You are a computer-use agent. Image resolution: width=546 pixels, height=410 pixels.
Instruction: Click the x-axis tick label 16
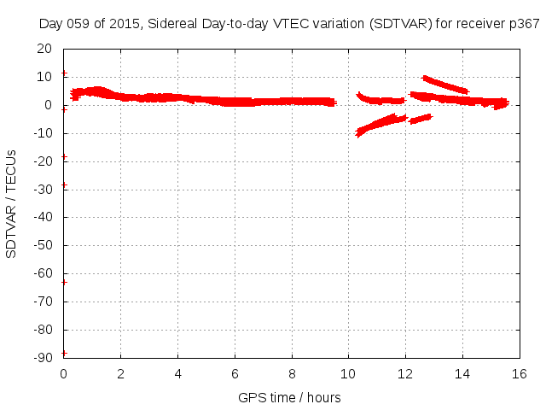(520, 373)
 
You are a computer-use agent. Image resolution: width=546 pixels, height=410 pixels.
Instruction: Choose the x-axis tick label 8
(292, 373)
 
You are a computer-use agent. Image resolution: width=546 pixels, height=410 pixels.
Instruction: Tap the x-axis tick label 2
(120, 373)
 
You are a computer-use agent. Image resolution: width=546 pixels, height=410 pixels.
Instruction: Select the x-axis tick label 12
(405, 373)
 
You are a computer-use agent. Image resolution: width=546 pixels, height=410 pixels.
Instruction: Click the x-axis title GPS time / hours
(290, 397)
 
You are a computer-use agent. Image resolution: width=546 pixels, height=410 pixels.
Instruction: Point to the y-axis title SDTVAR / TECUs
(11, 203)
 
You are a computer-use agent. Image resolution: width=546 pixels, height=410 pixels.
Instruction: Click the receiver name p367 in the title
(522, 23)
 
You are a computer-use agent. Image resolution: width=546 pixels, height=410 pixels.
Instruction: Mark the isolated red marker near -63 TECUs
(64, 282)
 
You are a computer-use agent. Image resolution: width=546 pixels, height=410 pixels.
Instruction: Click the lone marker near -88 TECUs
(64, 353)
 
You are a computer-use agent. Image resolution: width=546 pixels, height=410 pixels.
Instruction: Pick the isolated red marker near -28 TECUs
(64, 184)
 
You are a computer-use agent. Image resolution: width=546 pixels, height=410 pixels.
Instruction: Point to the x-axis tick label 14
(462, 373)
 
